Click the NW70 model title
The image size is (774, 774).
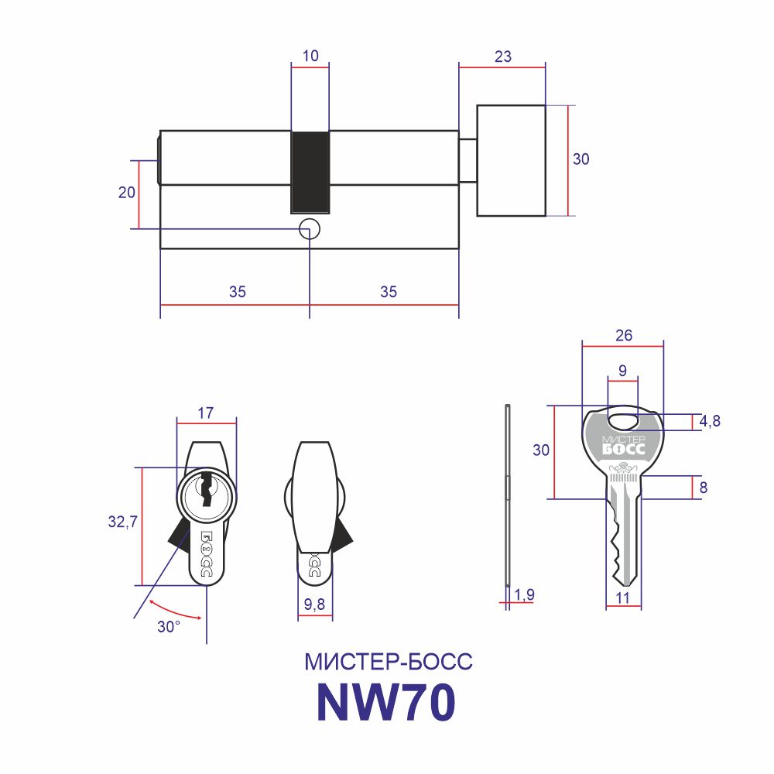click(x=385, y=703)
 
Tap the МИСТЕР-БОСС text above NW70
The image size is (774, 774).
click(x=389, y=662)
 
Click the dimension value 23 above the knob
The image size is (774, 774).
click(x=503, y=57)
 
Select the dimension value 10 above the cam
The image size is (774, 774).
click(x=310, y=56)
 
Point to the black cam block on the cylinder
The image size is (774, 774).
click(x=310, y=173)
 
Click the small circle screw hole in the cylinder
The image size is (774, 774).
click(x=310, y=229)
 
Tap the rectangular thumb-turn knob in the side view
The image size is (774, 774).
click(x=511, y=160)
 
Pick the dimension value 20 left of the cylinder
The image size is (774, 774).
click(x=127, y=192)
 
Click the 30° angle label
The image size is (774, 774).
click(x=169, y=627)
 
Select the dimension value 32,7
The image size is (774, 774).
click(x=123, y=521)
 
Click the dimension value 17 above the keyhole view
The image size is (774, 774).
click(x=206, y=413)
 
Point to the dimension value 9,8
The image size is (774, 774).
click(x=314, y=604)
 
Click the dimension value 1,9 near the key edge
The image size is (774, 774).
click(x=524, y=594)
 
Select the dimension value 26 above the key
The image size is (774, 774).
click(x=624, y=336)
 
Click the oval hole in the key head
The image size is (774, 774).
click(x=623, y=422)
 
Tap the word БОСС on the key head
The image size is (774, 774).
click(x=623, y=449)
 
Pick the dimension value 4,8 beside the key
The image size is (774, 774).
click(x=710, y=422)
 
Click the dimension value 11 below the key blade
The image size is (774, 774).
click(x=623, y=598)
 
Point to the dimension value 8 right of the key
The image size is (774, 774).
click(x=704, y=488)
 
